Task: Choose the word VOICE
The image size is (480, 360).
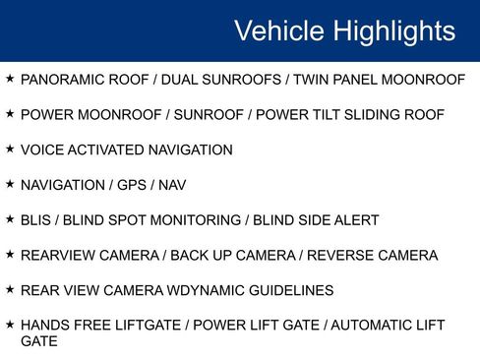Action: click(42, 150)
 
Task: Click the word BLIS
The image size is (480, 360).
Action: click(37, 220)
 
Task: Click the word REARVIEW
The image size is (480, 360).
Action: click(57, 256)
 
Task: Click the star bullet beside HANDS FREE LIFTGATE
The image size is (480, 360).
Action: click(10, 325)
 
